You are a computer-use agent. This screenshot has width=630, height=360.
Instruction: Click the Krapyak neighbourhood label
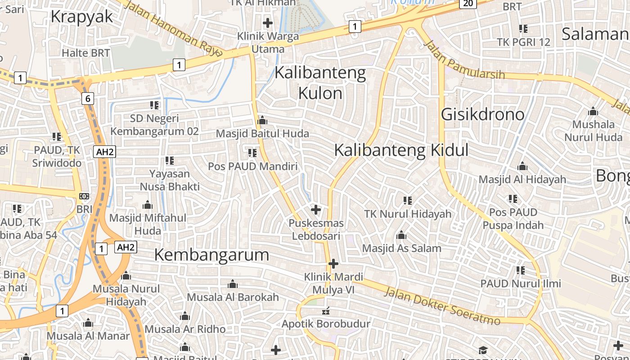coord(82,17)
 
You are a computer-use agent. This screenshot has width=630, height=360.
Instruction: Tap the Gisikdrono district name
coord(482,114)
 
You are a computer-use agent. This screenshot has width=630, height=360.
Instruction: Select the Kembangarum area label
coord(211,255)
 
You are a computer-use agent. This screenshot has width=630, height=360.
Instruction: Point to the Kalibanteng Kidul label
coord(401,150)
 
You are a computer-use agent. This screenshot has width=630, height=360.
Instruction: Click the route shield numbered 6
coord(87,99)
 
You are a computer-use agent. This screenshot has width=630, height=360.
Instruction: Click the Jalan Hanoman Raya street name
coord(173,29)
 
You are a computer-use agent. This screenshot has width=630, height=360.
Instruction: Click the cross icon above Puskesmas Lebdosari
coord(316,210)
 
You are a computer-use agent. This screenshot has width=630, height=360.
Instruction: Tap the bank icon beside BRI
coord(84,196)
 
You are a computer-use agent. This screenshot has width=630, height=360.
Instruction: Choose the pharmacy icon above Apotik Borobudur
coord(326,311)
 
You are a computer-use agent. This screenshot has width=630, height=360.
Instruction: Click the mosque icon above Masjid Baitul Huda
coord(262,121)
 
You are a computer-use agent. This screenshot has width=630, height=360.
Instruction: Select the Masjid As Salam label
coord(401,248)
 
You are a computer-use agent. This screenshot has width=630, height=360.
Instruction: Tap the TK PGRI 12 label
coord(523,42)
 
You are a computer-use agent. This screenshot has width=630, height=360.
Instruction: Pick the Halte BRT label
coord(85,53)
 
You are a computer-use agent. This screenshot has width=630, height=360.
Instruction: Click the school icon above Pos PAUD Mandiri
coord(252,153)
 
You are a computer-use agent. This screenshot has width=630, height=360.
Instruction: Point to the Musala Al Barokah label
coord(233,297)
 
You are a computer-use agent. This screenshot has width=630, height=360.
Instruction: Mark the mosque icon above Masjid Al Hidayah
coord(522,166)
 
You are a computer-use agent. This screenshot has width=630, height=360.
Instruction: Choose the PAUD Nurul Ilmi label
coord(521,283)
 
